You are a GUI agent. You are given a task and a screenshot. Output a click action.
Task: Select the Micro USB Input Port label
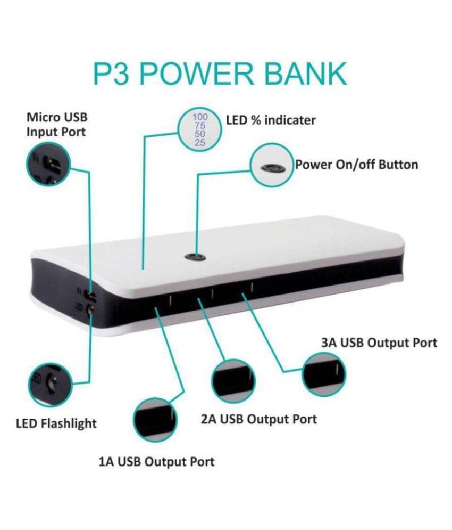(57, 125)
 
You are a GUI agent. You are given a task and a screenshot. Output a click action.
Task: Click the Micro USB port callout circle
(48, 164)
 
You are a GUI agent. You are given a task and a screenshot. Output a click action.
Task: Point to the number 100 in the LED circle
(200, 117)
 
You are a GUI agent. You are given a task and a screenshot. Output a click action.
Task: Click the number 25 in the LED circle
(200, 143)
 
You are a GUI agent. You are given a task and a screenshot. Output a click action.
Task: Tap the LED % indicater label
(271, 120)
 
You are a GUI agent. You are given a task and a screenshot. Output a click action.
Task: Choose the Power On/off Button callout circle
(272, 166)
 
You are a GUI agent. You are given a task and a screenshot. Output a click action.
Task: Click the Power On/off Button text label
(357, 165)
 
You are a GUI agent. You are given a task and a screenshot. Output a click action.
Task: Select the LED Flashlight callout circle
(50, 385)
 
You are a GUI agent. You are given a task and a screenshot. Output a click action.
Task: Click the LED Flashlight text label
(56, 423)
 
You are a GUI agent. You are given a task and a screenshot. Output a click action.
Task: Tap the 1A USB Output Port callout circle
(155, 420)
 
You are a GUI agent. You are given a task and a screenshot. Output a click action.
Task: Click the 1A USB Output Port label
(156, 462)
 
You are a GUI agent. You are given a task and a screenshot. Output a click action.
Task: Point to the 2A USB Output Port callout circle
(233, 381)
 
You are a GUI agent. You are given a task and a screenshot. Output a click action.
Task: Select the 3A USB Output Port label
(379, 343)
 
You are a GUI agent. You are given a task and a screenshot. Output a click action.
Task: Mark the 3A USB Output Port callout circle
(324, 374)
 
